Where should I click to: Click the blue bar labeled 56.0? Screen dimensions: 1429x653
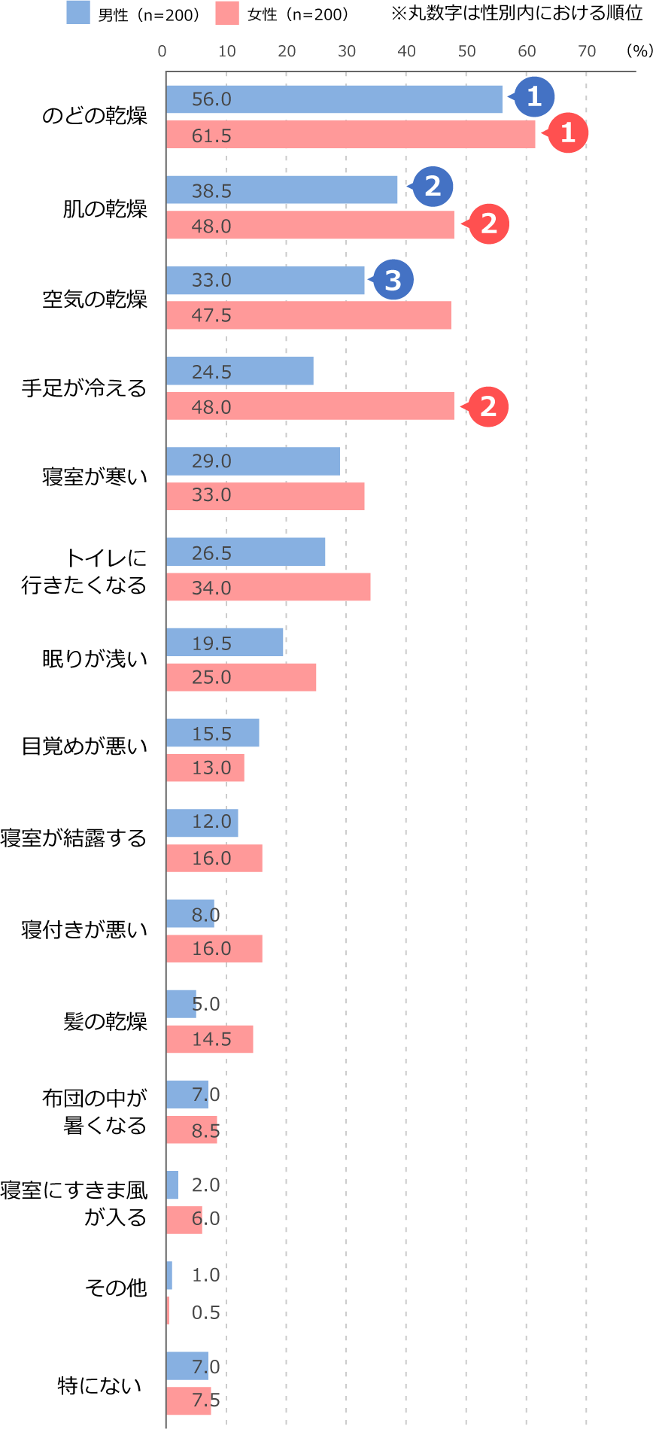pos(334,99)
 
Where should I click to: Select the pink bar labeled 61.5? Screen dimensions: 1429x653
pos(351,135)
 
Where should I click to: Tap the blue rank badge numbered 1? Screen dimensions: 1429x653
pos(534,96)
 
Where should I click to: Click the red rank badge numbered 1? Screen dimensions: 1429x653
pos(568,132)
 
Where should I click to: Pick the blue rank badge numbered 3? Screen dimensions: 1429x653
pos(393,280)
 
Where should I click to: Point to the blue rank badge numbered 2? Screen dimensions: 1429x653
pos(433,187)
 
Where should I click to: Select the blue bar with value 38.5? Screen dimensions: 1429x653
pos(282,190)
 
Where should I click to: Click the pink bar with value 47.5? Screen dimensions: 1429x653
pos(308,315)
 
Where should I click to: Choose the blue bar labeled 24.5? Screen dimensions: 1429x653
pos(240,371)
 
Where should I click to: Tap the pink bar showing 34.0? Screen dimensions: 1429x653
pos(269,587)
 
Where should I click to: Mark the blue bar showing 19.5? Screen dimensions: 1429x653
pos(225,642)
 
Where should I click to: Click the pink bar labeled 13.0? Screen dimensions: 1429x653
pos(205,768)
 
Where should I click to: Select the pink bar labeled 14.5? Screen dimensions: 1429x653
pos(210,1039)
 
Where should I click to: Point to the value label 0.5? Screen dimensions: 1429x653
pos(205,1312)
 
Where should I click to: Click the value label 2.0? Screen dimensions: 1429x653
pos(205,1184)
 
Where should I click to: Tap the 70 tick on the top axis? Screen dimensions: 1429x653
pos(587,51)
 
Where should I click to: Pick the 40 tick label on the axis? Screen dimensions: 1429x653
pos(406,51)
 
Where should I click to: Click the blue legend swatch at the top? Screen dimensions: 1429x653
pos(78,12)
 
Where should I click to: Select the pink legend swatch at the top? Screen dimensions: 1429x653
pos(227,12)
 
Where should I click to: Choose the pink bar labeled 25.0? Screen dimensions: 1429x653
pos(241,677)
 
